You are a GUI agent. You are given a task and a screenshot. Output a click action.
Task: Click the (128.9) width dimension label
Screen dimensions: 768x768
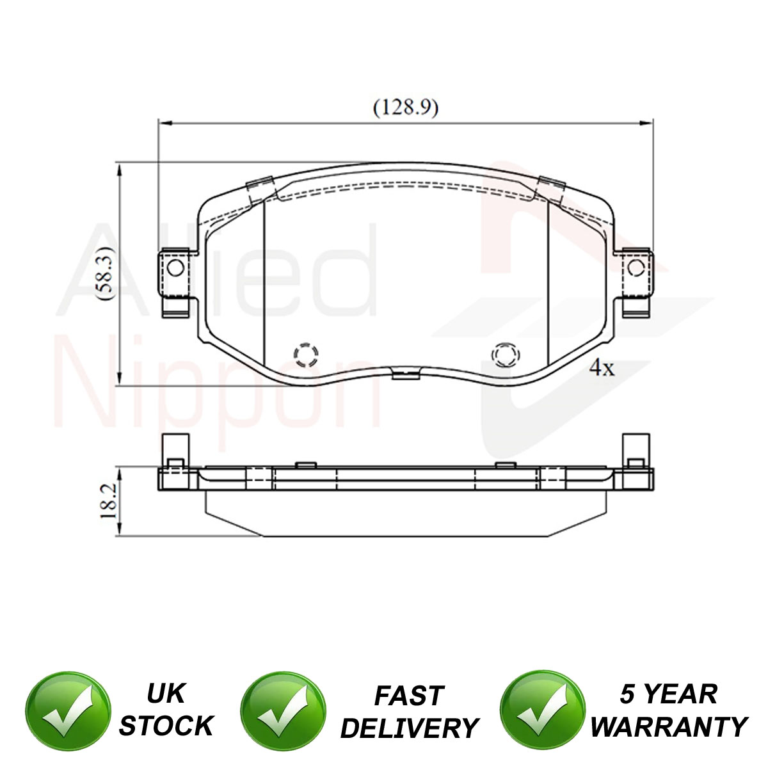click(x=406, y=108)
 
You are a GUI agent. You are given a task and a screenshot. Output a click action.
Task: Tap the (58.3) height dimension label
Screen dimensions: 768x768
click(x=106, y=273)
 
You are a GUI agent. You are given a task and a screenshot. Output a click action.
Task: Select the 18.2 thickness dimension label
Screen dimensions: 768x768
click(x=108, y=501)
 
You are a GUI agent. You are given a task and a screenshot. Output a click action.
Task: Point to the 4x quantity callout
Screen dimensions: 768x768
click(x=602, y=367)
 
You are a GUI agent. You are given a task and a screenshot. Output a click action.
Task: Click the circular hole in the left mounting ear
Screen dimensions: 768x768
click(x=175, y=268)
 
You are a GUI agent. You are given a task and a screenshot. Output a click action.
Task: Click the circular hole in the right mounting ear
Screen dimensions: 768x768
click(x=636, y=268)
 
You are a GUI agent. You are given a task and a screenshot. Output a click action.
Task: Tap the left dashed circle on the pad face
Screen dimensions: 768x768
click(x=306, y=355)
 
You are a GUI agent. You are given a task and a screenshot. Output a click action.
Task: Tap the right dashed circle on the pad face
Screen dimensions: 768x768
click(x=506, y=355)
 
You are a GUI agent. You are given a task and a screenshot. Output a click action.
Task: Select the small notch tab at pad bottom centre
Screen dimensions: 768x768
click(x=406, y=374)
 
